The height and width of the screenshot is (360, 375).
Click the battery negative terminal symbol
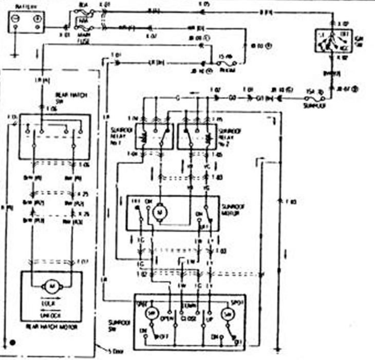16,19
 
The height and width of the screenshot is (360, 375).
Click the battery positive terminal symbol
36,19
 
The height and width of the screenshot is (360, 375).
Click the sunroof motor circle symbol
159,210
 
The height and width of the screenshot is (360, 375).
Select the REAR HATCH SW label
66,98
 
